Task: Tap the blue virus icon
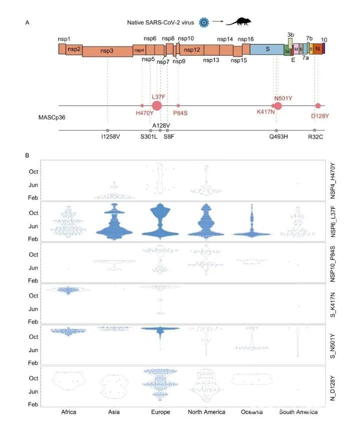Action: coord(203,21)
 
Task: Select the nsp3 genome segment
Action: coord(106,51)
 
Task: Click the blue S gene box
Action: coord(267,49)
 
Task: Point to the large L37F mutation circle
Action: coord(156,105)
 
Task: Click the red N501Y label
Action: coord(286,98)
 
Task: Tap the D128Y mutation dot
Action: coord(318,105)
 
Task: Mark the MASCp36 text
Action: coord(52,117)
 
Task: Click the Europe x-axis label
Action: coord(160,412)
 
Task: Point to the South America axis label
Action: coord(298,412)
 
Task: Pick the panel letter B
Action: coord(27,155)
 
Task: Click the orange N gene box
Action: coord(317,48)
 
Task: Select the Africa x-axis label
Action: coord(68,412)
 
